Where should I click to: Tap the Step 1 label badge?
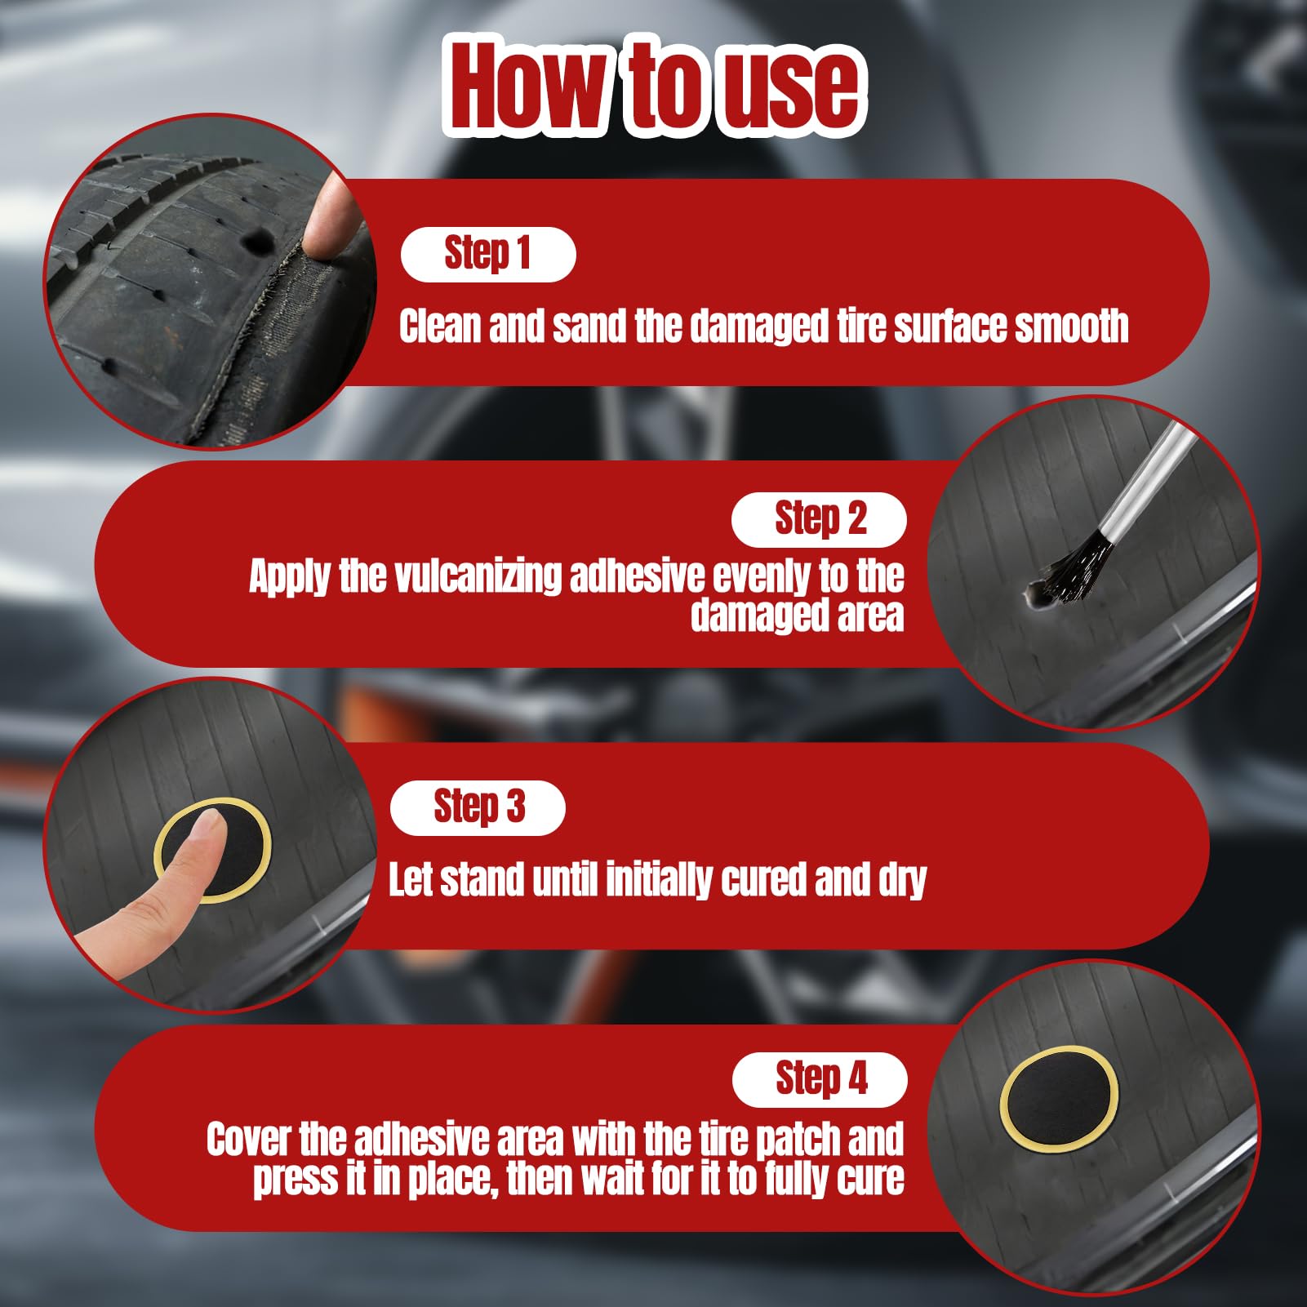488,255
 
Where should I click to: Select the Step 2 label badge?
819,520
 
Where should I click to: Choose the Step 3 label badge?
478,807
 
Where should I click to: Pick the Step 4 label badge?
820,1080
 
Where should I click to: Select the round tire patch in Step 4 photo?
1059,1099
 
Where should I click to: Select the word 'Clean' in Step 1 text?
440,326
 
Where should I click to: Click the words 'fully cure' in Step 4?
834,1179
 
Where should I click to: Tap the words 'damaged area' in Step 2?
798,616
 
